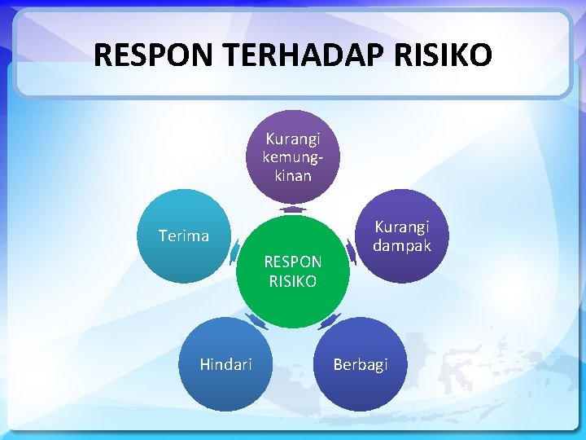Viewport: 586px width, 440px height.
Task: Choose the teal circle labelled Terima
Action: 183,236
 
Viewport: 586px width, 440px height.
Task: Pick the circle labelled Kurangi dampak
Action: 402,236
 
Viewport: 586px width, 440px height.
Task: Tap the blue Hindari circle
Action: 225,364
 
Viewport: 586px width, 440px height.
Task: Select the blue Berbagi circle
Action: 360,364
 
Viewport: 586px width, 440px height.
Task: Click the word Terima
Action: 183,236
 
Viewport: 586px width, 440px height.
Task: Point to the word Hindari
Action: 225,364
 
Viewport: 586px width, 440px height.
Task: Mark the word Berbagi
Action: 360,364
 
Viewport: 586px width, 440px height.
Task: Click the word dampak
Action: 402,245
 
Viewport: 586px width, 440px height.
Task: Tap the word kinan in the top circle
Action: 293,175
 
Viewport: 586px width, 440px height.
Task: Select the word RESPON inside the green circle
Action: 293,262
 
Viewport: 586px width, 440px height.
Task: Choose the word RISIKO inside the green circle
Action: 293,282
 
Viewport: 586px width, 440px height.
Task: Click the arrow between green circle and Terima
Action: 234,247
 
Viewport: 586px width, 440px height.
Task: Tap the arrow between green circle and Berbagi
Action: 329,322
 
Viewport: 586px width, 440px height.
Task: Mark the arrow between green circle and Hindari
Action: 257,322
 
